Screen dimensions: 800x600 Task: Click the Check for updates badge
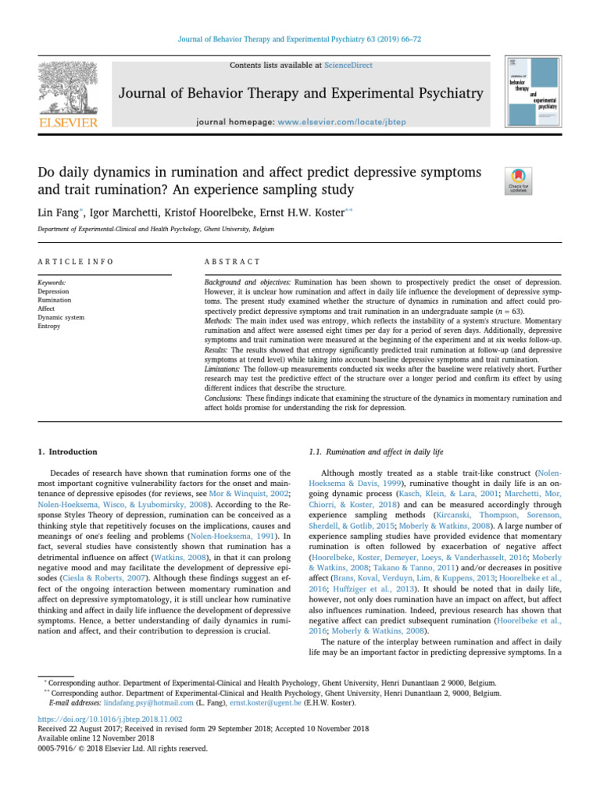pos(519,179)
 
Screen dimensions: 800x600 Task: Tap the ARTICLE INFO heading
pos(76,262)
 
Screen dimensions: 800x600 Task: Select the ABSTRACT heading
pos(232,262)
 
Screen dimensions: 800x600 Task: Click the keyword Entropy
pos(49,326)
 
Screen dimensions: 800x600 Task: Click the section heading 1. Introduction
pos(68,452)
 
